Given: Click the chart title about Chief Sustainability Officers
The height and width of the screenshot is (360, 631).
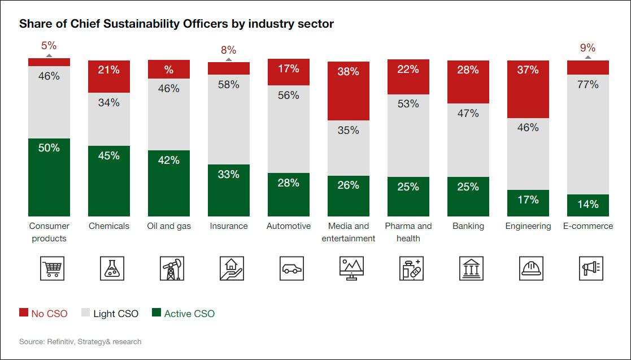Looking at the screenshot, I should pos(176,24).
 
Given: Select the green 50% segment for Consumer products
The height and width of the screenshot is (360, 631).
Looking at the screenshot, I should pos(49,177).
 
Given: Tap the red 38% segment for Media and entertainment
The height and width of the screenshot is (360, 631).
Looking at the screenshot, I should pos(349,91).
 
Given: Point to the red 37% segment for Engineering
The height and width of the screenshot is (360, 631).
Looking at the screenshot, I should pos(528,89).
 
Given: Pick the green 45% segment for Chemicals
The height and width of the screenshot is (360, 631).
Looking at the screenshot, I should pos(109,181).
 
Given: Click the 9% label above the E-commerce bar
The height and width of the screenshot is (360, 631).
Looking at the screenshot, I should pos(588,48).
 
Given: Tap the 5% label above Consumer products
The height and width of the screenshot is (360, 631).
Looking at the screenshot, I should pos(49,46).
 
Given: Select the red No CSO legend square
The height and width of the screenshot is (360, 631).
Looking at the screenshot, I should pos(24,313).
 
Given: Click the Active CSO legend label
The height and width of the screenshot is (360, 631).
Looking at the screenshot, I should pos(189,314).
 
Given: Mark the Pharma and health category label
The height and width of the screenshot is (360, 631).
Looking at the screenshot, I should pos(408,232).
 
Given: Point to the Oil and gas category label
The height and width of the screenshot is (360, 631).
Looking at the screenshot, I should pos(169,226).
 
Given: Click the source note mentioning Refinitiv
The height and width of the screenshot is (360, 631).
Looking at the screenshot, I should pos(80,341).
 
